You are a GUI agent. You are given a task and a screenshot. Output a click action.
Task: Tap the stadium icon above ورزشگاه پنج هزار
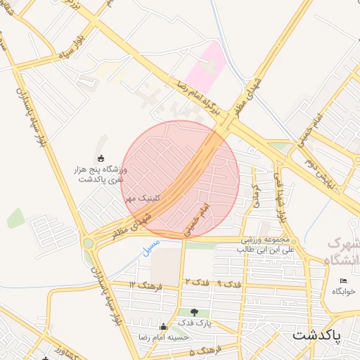click(101, 157)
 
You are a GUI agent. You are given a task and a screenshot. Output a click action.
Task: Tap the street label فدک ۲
click(198, 282)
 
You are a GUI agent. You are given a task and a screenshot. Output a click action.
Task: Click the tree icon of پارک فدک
click(194, 311)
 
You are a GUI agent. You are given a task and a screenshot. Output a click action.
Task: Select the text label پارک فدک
click(194, 323)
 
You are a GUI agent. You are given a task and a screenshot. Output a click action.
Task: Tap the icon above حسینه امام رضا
click(164, 326)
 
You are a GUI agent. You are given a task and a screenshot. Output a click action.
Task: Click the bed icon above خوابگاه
click(342, 281)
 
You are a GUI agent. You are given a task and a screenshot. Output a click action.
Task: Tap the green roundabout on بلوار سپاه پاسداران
click(88, 244)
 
